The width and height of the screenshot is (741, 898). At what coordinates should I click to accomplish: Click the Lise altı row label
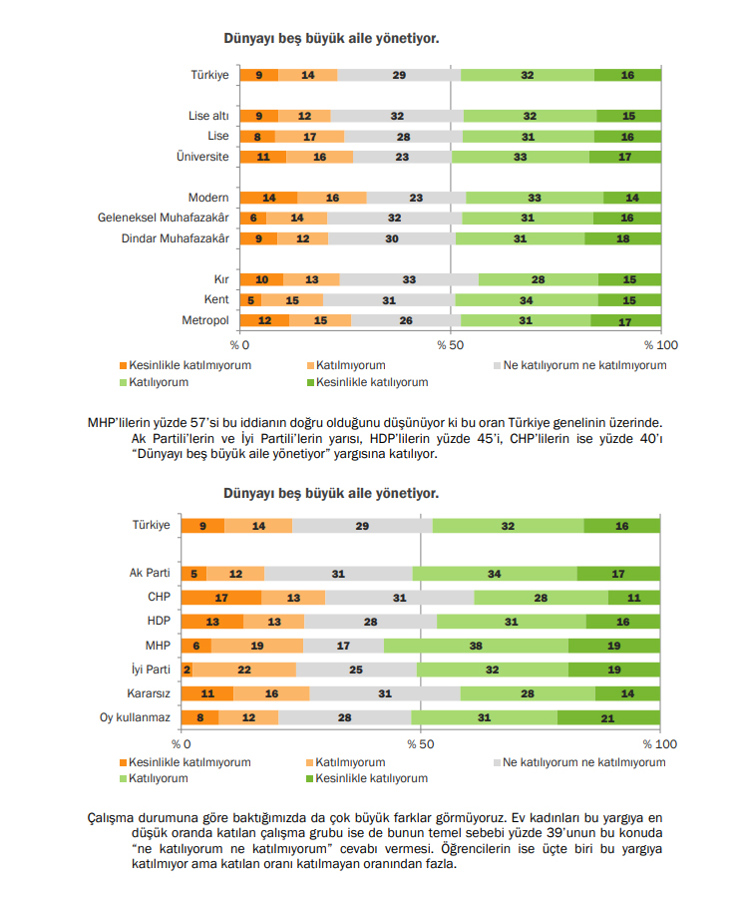click(x=208, y=116)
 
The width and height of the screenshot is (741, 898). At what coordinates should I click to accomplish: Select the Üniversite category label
click(x=202, y=157)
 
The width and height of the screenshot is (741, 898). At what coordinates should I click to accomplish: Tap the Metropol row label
click(x=206, y=320)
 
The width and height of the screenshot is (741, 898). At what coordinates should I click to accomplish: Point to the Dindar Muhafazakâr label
click(x=175, y=238)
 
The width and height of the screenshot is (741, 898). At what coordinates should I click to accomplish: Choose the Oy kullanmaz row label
click(x=136, y=716)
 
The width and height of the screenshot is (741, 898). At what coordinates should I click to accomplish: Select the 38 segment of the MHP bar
click(x=476, y=645)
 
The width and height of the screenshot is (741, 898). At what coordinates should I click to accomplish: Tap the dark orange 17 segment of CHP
click(x=221, y=597)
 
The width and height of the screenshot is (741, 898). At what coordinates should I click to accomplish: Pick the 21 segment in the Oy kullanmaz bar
click(x=608, y=716)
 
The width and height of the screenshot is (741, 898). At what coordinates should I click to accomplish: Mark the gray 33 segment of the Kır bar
click(x=409, y=279)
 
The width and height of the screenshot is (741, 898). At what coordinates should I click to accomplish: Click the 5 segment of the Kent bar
click(x=251, y=299)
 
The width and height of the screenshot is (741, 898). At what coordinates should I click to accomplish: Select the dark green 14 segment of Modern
click(x=632, y=198)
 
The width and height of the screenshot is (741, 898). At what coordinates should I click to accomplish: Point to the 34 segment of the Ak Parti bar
click(x=495, y=573)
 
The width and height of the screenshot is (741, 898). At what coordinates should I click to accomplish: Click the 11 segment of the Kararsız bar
click(x=207, y=692)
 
